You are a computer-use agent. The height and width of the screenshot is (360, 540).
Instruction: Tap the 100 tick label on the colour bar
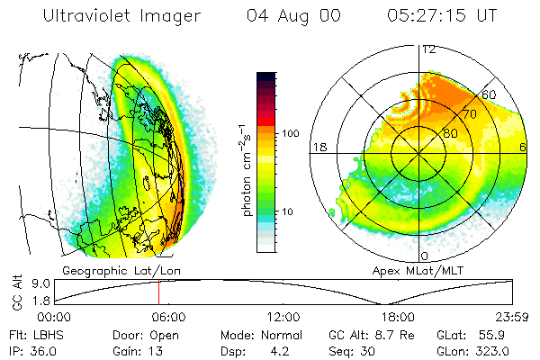[x=290, y=133]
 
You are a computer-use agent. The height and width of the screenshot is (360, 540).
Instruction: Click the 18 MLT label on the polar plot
[x=318, y=146]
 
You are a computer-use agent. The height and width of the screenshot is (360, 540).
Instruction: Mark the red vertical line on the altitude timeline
[x=158, y=292]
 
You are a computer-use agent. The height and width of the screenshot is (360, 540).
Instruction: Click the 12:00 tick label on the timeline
[x=284, y=317]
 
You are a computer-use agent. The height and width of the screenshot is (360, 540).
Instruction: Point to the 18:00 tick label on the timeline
[x=399, y=317]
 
